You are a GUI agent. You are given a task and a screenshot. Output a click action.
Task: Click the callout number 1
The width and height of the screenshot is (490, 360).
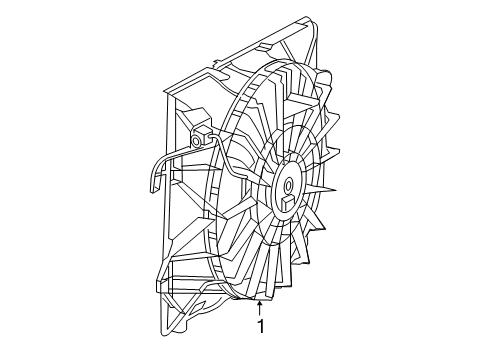coord(260,326)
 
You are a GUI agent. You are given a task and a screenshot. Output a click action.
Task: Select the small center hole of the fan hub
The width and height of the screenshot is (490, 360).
coord(287,186)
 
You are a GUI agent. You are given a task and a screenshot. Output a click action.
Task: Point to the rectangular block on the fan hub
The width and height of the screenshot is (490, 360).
coord(287,204)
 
